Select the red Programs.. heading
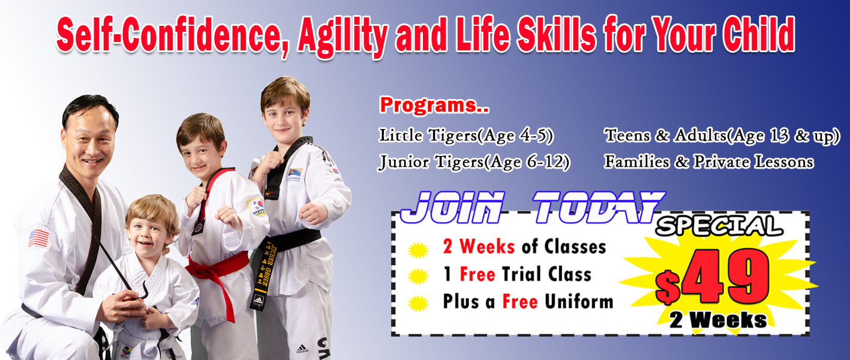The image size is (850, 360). pos(434,105)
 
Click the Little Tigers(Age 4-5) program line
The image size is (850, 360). pos(466,136)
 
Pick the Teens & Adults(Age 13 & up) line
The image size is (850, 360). pos(722,136)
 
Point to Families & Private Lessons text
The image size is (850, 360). pos(709,162)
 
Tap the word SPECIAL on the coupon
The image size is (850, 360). pos(719,226)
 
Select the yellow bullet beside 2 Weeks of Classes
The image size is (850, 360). pos(418,250)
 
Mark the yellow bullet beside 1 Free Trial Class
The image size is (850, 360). pos(418,276)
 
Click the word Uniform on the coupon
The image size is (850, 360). pos(579,302)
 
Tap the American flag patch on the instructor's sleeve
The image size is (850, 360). pos(39,238)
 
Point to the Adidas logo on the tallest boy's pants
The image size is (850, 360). pos(302,348)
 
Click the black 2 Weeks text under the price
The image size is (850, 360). pos(718,320)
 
